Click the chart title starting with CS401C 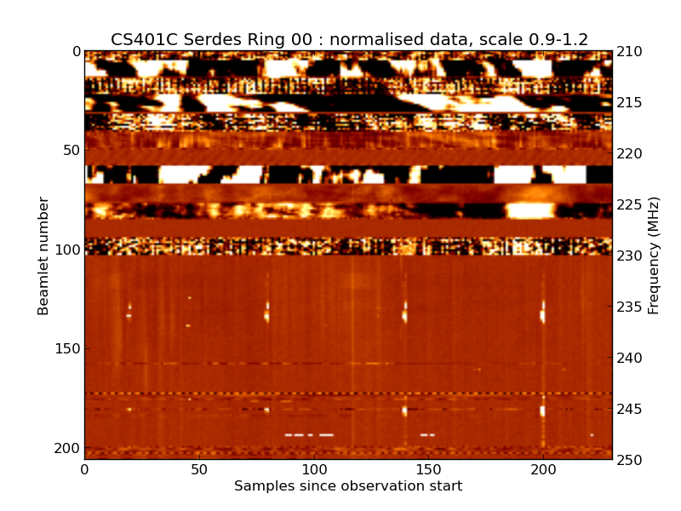[x=349, y=39]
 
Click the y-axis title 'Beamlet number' [x=43, y=255]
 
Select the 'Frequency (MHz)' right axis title [x=654, y=255]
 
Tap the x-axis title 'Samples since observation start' [x=348, y=486]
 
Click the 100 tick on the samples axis [x=314, y=469]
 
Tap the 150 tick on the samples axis [x=429, y=469]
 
